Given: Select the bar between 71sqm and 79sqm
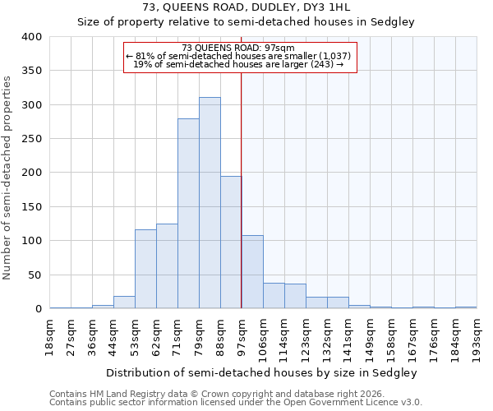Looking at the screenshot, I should coord(188,214).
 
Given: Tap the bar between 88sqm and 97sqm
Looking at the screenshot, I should coord(231,242).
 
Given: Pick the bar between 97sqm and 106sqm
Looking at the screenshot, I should coord(252,272).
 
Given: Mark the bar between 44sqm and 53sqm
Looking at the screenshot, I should coord(124,302).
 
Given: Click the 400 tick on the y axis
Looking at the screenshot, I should coord(33,37).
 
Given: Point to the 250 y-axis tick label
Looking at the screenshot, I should coord(33,139).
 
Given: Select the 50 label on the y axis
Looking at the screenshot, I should coord(36,275).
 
